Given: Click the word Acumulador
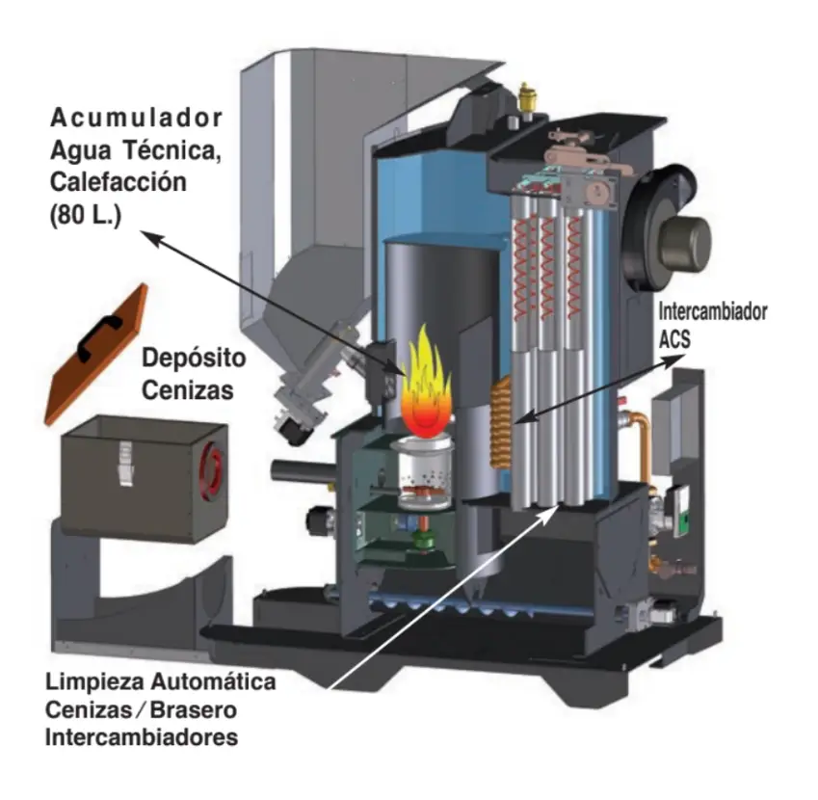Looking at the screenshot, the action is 136,118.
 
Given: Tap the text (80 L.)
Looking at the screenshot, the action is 86,215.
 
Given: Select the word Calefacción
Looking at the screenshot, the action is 119,182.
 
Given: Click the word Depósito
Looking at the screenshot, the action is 194,359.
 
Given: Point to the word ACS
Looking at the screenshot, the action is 674,339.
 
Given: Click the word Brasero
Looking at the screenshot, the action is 194,709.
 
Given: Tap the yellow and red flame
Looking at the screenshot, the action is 426,383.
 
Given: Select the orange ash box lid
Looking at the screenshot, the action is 96,354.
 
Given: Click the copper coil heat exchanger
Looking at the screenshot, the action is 500,423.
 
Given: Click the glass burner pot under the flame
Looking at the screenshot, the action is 424,472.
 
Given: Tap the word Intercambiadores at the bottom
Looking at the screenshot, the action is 142,737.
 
